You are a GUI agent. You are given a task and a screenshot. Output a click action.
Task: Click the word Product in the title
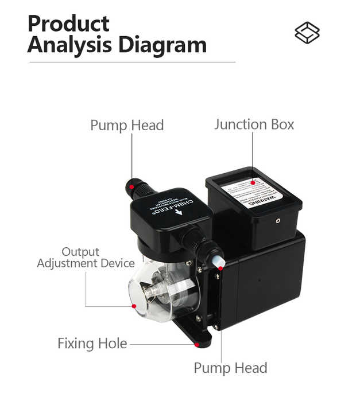[68, 24]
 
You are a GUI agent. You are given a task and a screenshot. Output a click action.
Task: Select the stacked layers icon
[307, 33]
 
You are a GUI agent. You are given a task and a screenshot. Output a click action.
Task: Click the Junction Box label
[254, 124]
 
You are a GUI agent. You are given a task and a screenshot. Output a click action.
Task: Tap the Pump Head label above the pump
[127, 125]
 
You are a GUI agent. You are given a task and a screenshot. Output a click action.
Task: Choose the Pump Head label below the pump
[230, 368]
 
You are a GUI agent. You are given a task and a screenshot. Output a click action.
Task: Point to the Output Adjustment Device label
[86, 258]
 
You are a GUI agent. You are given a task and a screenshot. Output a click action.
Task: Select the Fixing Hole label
[92, 344]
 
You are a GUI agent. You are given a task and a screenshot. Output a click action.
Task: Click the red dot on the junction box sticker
[253, 183]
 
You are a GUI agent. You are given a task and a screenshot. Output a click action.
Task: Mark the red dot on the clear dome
[134, 306]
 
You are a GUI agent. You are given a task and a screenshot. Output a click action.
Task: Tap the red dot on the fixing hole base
[197, 345]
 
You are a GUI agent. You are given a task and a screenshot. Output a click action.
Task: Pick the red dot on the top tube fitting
[131, 187]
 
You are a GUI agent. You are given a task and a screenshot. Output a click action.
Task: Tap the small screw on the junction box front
[278, 220]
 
